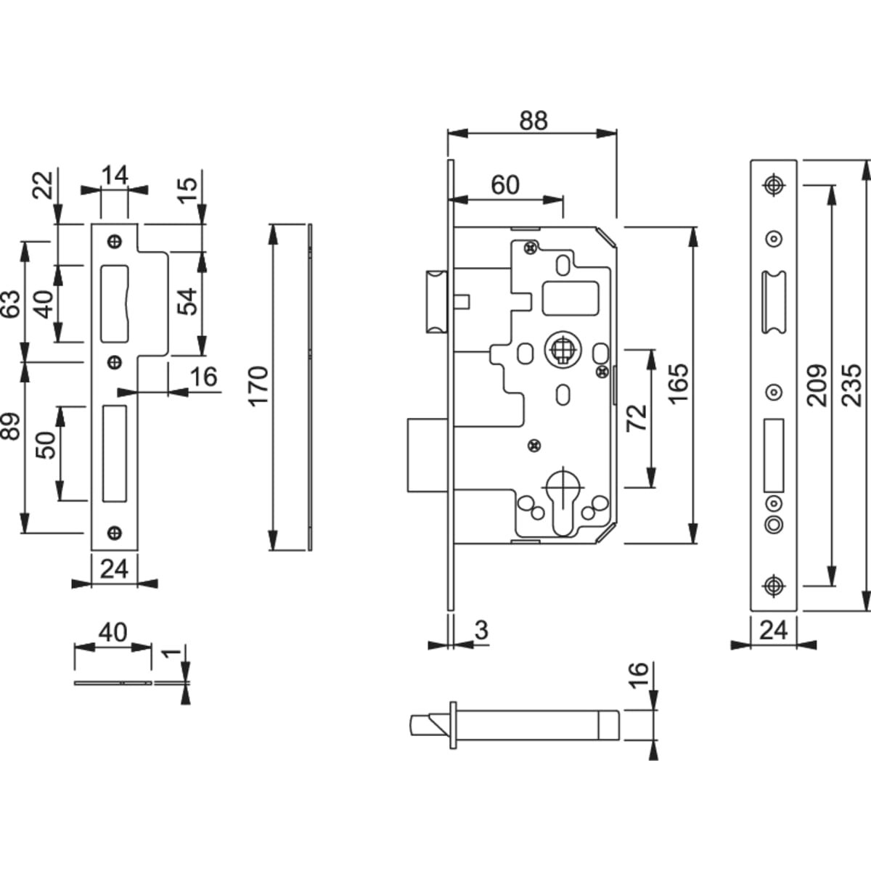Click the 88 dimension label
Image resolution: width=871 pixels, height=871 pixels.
tap(533, 121)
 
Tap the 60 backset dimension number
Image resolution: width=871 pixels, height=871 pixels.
tap(505, 185)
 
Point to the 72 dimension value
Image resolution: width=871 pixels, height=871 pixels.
tap(636, 419)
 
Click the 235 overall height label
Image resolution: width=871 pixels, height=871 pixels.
tap(854, 385)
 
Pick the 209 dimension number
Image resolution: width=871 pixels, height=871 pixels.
tap(817, 385)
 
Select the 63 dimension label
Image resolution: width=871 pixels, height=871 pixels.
tap(11, 305)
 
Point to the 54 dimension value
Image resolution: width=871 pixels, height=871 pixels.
tap(188, 301)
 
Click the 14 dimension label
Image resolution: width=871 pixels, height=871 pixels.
tap(114, 175)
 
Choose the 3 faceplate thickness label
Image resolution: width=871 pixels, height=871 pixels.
tap(481, 631)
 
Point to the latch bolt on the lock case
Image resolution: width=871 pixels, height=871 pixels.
tap(436, 300)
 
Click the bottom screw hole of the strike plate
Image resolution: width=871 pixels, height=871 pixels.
tap(114, 532)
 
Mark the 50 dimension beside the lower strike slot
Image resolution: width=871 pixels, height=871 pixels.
tap(45, 444)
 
